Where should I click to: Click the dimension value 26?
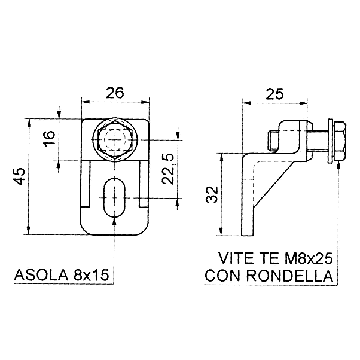click(x=115, y=92)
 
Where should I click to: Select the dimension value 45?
click(x=19, y=176)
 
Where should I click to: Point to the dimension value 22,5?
click(x=168, y=169)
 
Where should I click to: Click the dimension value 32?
click(x=212, y=194)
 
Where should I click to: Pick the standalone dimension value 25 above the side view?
click(x=274, y=94)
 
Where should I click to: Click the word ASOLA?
click(x=41, y=275)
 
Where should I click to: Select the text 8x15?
click(x=91, y=275)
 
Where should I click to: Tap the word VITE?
click(x=236, y=258)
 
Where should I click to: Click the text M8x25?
click(x=309, y=258)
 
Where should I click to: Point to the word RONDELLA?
click(x=290, y=276)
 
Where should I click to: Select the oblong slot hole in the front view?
click(x=114, y=197)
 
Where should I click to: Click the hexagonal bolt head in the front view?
click(x=115, y=139)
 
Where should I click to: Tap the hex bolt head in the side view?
click(x=339, y=141)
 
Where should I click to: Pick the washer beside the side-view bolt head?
click(x=330, y=141)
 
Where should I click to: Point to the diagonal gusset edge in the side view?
click(x=273, y=185)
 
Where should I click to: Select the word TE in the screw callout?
click(x=269, y=258)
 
